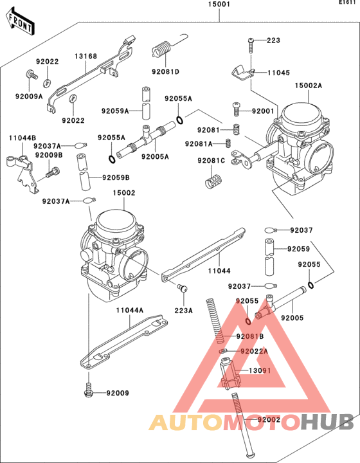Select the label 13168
click(x=85, y=57)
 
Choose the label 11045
click(x=278, y=73)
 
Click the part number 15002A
click(x=309, y=86)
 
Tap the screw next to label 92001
click(x=237, y=111)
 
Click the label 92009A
click(x=29, y=96)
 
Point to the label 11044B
click(x=22, y=138)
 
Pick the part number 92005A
click(x=155, y=156)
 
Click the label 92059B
click(x=116, y=177)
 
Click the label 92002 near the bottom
click(x=269, y=420)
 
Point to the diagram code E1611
click(x=348, y=3)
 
